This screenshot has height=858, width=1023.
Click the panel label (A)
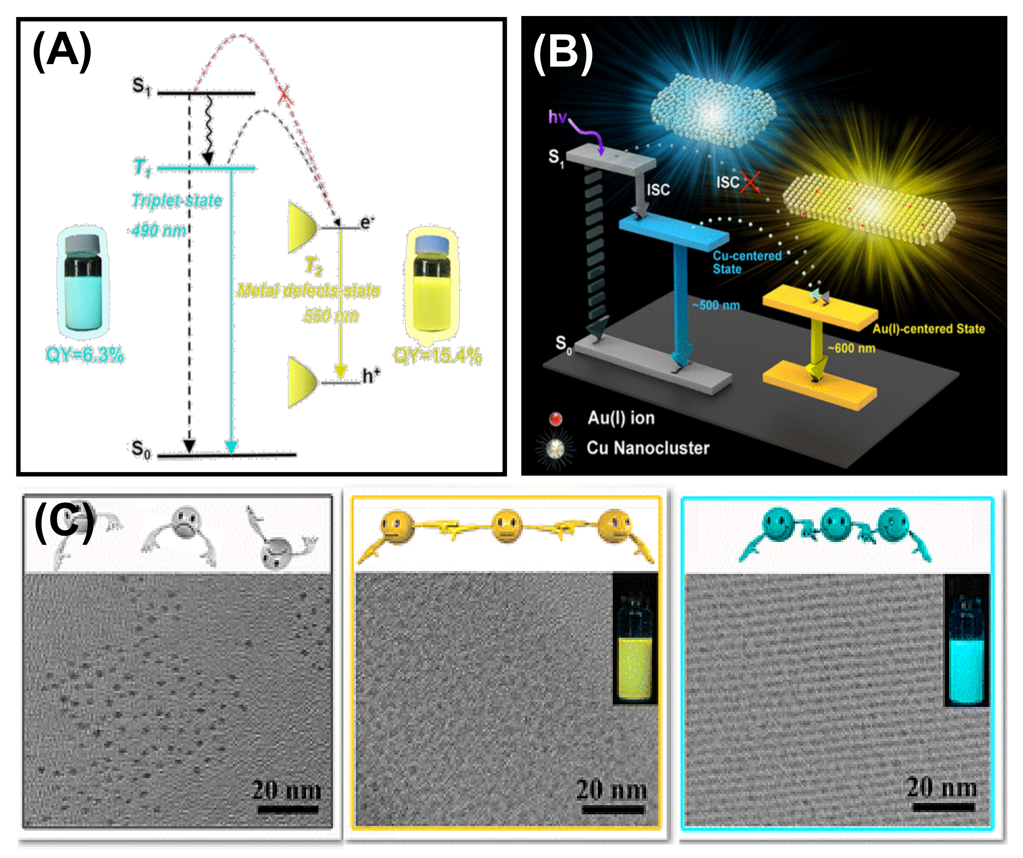pos(62,51)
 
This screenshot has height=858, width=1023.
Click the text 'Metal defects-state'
pos(308,291)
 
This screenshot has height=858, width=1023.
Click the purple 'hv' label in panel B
pos(557,117)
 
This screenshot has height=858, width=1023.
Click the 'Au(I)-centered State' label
pos(928,329)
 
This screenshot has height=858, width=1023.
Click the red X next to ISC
pos(750,182)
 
